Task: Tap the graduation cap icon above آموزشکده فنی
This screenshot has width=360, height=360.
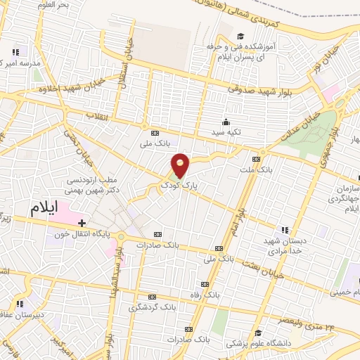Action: click(x=240, y=37)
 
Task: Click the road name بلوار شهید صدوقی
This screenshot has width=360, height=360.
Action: click(x=255, y=87)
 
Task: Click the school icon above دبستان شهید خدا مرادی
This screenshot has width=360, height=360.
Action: click(x=285, y=230)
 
